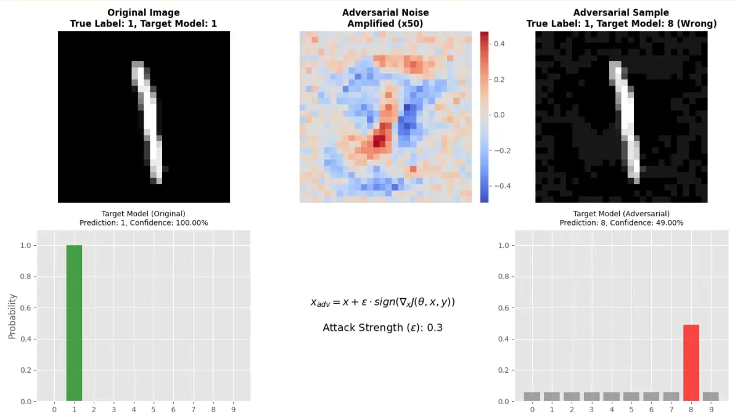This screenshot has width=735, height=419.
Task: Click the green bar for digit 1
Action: pos(74,323)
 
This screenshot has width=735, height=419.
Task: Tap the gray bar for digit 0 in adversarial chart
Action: pos(532,397)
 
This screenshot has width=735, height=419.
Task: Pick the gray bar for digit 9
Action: pos(711,397)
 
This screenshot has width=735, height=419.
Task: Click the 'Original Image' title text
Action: pos(144,12)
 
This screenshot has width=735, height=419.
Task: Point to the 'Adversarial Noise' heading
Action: pos(386,12)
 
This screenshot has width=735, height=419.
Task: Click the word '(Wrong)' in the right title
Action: pos(695,24)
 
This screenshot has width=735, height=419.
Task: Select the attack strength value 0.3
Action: pos(435,328)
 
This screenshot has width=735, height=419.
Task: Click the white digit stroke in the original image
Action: pos(148,117)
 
